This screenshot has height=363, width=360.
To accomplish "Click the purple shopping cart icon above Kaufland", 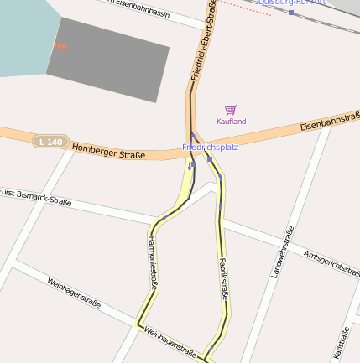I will (231, 110).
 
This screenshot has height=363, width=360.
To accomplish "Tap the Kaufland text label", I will (231, 122).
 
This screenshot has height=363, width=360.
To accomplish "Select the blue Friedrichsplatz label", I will (210, 148).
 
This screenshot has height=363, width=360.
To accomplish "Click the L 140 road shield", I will (50, 143).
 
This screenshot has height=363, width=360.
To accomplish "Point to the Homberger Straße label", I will (108, 151).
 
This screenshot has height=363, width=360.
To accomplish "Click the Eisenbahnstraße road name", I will (328, 124).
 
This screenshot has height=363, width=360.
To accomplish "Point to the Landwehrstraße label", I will (279, 252).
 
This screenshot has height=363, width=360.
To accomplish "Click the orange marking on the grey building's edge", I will (59, 45).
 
